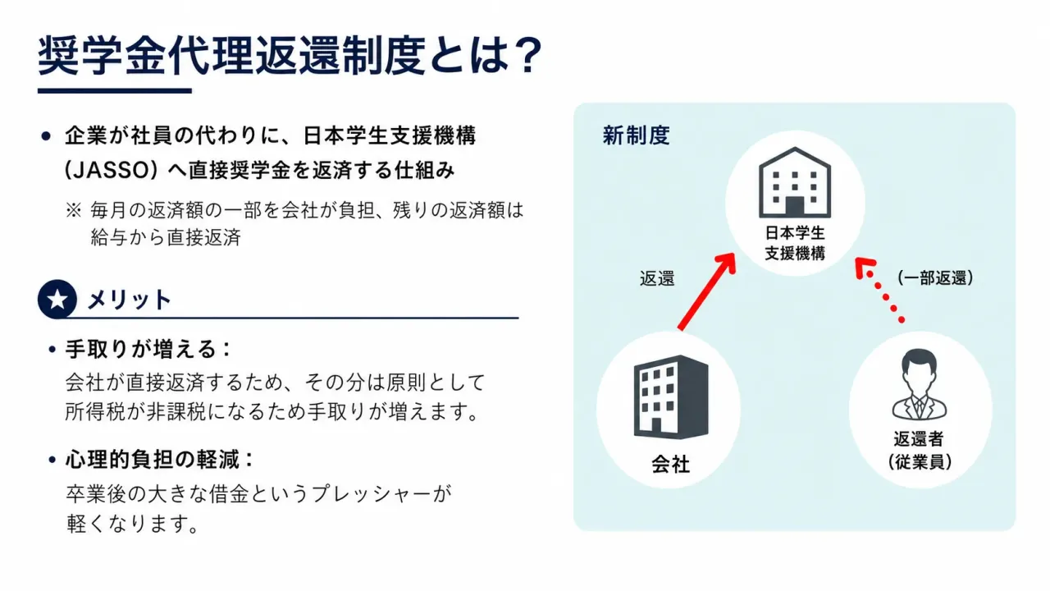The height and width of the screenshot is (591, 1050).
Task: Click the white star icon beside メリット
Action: pos(57,300)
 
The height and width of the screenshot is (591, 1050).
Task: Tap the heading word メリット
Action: pos(129,300)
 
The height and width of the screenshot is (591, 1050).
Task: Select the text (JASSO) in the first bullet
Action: pos(111,170)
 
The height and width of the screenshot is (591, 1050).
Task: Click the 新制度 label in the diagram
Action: pos(636,135)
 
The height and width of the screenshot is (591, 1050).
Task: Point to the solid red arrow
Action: pos(707,291)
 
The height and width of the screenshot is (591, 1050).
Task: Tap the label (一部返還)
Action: pos(935,277)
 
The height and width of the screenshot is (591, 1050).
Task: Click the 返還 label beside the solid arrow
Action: pos(657,278)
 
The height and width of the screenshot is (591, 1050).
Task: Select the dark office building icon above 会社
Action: pos(671,396)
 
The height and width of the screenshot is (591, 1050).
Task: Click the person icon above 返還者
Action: pos(919,385)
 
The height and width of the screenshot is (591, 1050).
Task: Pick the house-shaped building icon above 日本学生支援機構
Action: pos(795,182)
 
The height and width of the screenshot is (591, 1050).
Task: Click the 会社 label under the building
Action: pos(671,464)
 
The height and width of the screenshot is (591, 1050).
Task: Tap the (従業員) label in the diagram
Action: pos(920,462)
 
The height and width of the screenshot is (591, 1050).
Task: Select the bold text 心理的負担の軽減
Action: pos(153,459)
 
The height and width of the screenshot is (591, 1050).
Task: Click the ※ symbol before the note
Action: pos(73,210)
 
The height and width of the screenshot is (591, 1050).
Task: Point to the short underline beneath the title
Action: pos(115,90)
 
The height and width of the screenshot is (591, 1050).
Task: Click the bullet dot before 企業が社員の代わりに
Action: pos(46,136)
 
